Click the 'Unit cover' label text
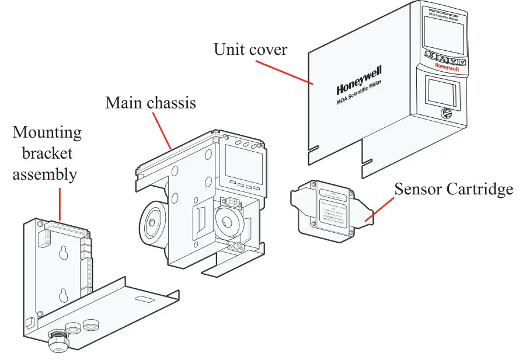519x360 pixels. point(250,50)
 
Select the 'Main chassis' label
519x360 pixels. point(151,103)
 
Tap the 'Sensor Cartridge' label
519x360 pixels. point(453,189)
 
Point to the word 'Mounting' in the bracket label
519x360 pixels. point(47,132)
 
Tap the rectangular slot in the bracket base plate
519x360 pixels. point(142,299)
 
